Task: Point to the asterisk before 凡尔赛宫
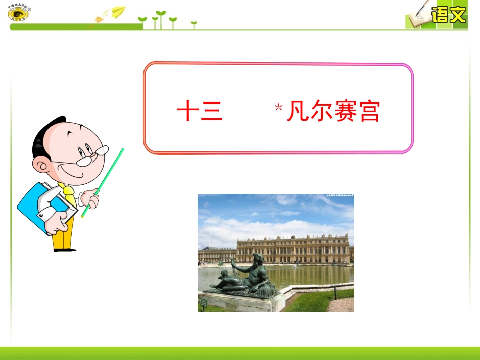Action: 278,107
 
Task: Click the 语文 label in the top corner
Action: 448,15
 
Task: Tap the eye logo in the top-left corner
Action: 19,14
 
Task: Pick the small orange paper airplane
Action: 99,19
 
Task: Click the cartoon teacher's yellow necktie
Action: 68,194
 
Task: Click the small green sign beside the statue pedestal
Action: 203,302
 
